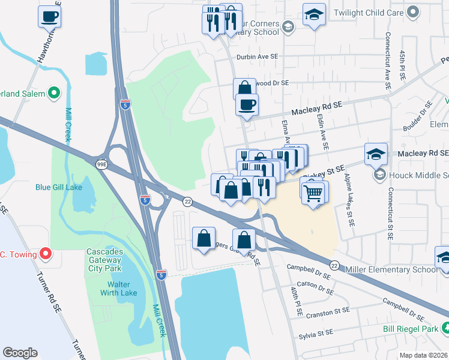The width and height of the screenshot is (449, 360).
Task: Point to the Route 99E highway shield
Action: tap(102, 164)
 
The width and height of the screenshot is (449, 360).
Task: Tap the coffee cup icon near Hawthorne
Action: tap(50, 17)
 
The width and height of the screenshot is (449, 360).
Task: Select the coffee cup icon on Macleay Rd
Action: tap(246, 105)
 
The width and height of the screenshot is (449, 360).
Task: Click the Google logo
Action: tap(20, 353)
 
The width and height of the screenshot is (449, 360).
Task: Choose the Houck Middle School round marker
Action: tap(379, 175)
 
